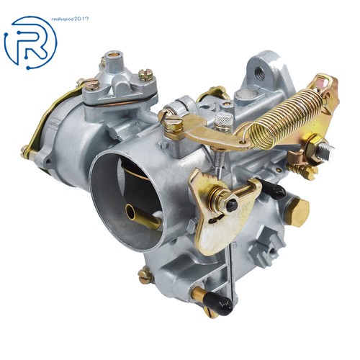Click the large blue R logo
coord(30,42)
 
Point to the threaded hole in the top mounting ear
coord(258,70)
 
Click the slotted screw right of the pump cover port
coord(147,74)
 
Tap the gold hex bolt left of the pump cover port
coord(90,84)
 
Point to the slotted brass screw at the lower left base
coord(146,274)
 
